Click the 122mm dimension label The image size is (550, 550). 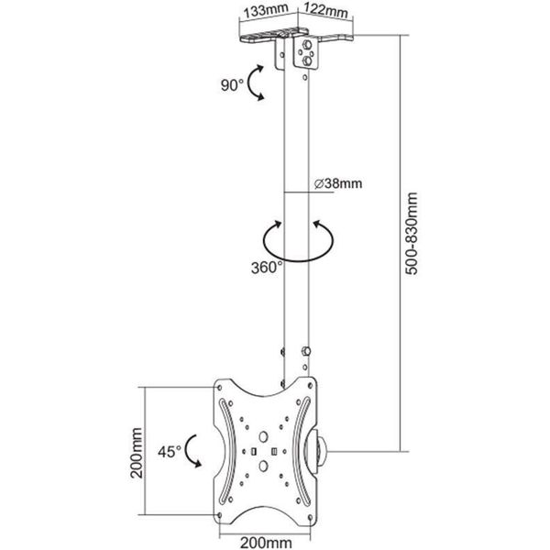tap(325, 10)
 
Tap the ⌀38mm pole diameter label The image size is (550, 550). tap(337, 183)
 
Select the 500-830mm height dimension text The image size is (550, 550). tap(411, 233)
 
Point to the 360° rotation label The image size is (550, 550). tap(267, 268)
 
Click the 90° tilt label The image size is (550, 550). tap(232, 85)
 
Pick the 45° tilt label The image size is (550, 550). tap(170, 452)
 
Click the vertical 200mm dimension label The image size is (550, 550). tap(137, 453)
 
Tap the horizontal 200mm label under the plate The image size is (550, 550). tap(266, 543)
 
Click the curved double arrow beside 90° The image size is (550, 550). tap(249, 82)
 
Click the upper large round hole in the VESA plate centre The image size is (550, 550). tap(263, 436)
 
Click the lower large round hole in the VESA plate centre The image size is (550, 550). tap(263, 466)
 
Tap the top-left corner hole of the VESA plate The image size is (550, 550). tap(220, 388)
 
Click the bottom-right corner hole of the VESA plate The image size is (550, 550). tap(310, 517)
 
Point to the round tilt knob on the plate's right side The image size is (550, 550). tap(317, 452)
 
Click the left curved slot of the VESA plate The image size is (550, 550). tap(227, 453)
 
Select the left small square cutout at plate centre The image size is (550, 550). tap(254, 451)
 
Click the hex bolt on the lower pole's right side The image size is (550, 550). tap(306, 351)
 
